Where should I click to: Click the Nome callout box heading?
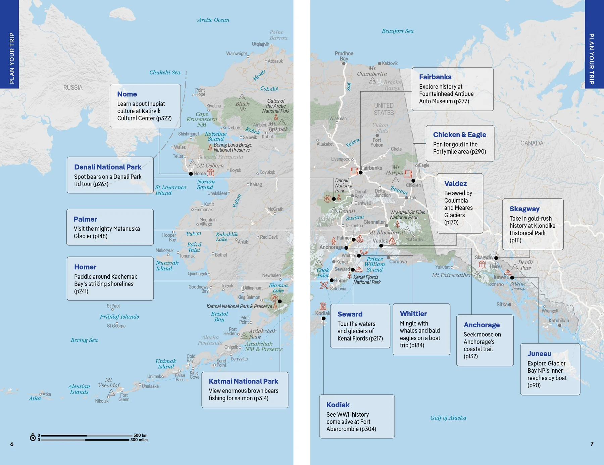click(127, 94)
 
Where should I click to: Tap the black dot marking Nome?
click(191, 174)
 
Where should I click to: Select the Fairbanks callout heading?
click(435, 77)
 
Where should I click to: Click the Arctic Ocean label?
click(213, 20)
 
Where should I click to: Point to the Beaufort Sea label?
click(397, 31)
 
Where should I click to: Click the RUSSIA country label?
click(73, 88)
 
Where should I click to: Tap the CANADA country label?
click(532, 143)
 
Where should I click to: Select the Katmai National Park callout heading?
click(243, 381)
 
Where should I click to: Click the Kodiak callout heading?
click(338, 405)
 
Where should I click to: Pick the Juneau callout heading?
click(539, 354)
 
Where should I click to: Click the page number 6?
click(12, 444)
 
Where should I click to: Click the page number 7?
click(592, 444)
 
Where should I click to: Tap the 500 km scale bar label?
click(140, 435)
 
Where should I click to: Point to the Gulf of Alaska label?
click(448, 418)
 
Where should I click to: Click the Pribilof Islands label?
click(119, 317)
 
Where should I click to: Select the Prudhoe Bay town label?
click(344, 56)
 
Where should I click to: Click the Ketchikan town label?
click(558, 321)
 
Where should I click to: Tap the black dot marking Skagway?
click(496, 258)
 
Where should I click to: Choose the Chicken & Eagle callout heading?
click(459, 135)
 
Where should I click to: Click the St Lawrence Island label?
click(170, 190)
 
